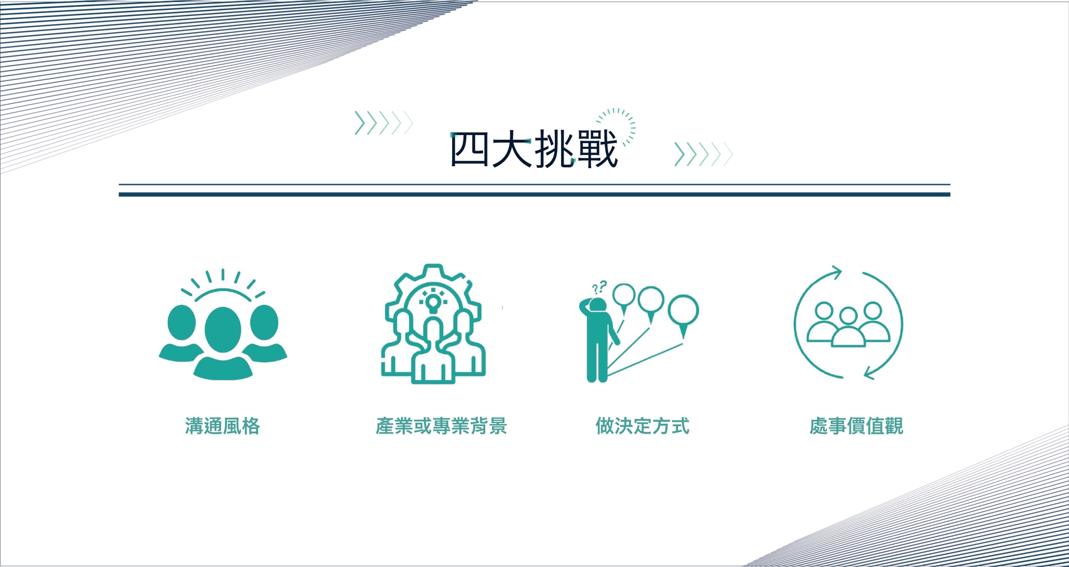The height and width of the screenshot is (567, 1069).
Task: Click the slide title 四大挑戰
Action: pyautogui.click(x=534, y=149)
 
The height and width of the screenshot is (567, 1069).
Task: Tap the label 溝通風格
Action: pyautogui.click(x=222, y=426)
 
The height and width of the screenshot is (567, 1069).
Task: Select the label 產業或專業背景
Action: pyautogui.click(x=441, y=426)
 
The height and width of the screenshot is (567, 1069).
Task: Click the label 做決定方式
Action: pyautogui.click(x=642, y=426)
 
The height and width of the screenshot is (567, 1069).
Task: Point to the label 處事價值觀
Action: pyautogui.click(x=856, y=426)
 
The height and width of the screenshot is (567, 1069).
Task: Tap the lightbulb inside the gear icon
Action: pyautogui.click(x=433, y=302)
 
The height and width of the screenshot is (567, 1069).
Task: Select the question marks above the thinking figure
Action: pyautogui.click(x=599, y=288)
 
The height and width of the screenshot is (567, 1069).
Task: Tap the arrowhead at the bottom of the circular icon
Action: pyautogui.click(x=871, y=372)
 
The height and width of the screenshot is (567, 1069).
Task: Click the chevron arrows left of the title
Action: pyautogui.click(x=384, y=123)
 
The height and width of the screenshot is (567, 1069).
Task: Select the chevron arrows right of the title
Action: pyautogui.click(x=703, y=154)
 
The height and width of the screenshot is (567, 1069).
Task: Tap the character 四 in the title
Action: pyautogui.click(x=469, y=150)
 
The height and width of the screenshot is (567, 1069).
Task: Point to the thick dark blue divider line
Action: pyautogui.click(x=534, y=195)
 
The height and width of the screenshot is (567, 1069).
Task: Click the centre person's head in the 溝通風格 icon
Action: pyautogui.click(x=223, y=330)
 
